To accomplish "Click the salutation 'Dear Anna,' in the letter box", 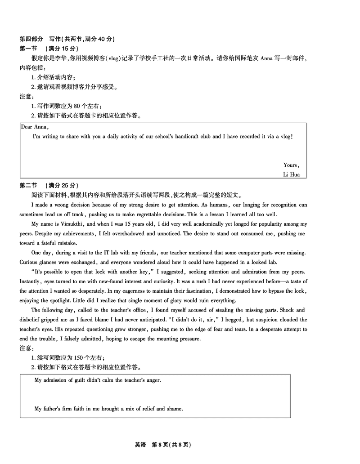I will pyautogui.click(x=31, y=127).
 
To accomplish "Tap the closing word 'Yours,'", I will pyautogui.click(x=291, y=165).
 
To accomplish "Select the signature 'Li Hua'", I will pyautogui.click(x=291, y=174).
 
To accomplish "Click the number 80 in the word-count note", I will pyautogui.click(x=76, y=106).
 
